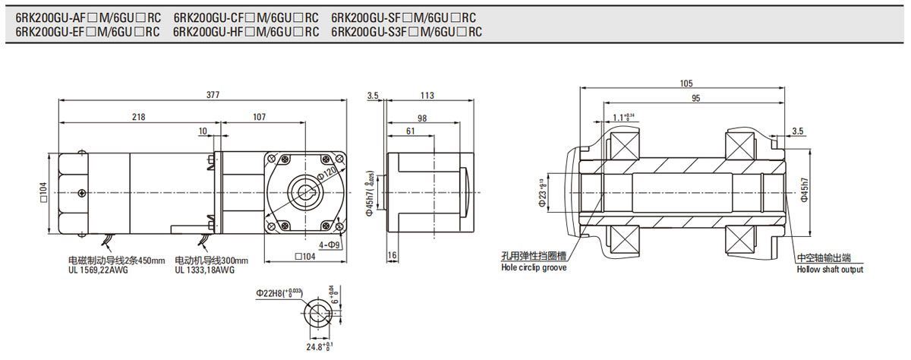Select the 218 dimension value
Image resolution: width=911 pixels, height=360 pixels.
tap(137, 117)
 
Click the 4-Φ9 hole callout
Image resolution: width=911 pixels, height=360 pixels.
tap(329, 245)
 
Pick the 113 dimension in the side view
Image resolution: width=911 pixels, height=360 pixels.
tap(427, 95)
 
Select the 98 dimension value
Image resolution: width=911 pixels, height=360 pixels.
tap(422, 117)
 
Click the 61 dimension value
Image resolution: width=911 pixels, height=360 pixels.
tap(410, 131)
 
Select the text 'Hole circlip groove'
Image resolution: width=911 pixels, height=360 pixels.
tap(534, 267)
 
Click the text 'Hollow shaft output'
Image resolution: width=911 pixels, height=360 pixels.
tap(830, 270)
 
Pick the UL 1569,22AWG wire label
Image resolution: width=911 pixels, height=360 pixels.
tap(98, 270)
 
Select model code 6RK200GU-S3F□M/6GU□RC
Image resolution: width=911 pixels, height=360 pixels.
tap(407, 32)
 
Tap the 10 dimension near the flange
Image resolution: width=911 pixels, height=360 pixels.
tap(203, 131)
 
